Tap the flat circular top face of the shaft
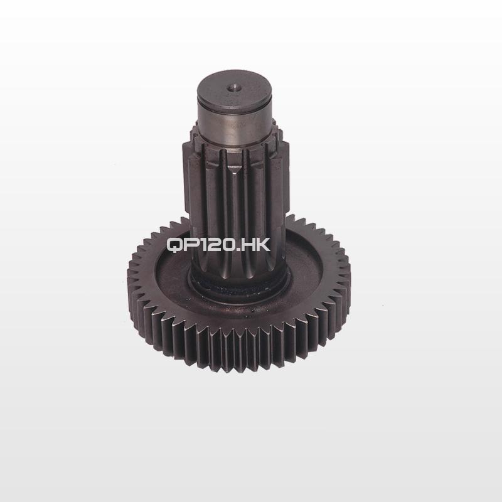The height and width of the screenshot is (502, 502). click(234, 87)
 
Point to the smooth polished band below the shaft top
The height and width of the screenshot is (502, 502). click(234, 125)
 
